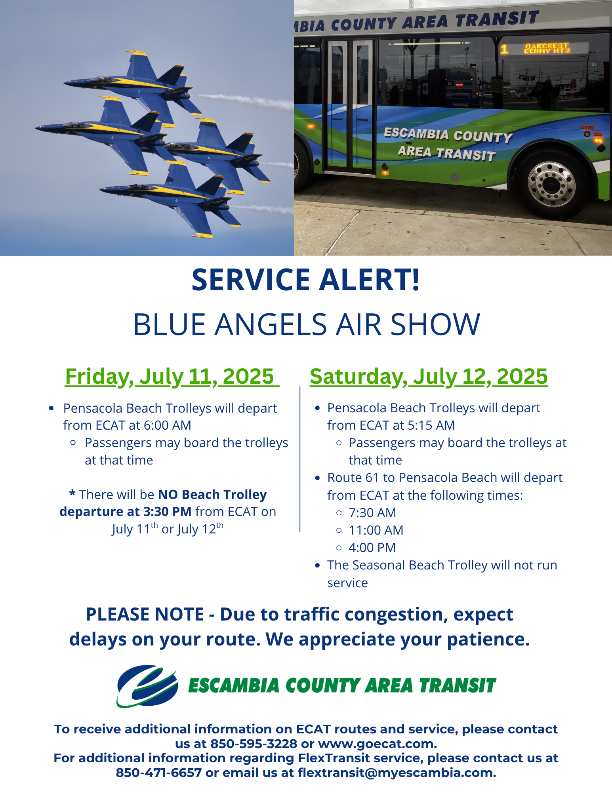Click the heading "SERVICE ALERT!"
(305, 280)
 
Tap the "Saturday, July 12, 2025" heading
(429, 376)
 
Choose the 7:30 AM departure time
(372, 513)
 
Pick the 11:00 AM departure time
(376, 530)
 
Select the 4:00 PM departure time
(372, 548)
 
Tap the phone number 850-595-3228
(254, 744)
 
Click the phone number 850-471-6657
(158, 773)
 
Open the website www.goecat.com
(377, 744)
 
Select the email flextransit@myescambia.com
(396, 773)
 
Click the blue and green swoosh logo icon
(147, 686)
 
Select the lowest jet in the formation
(170, 198)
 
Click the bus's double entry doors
(350, 106)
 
